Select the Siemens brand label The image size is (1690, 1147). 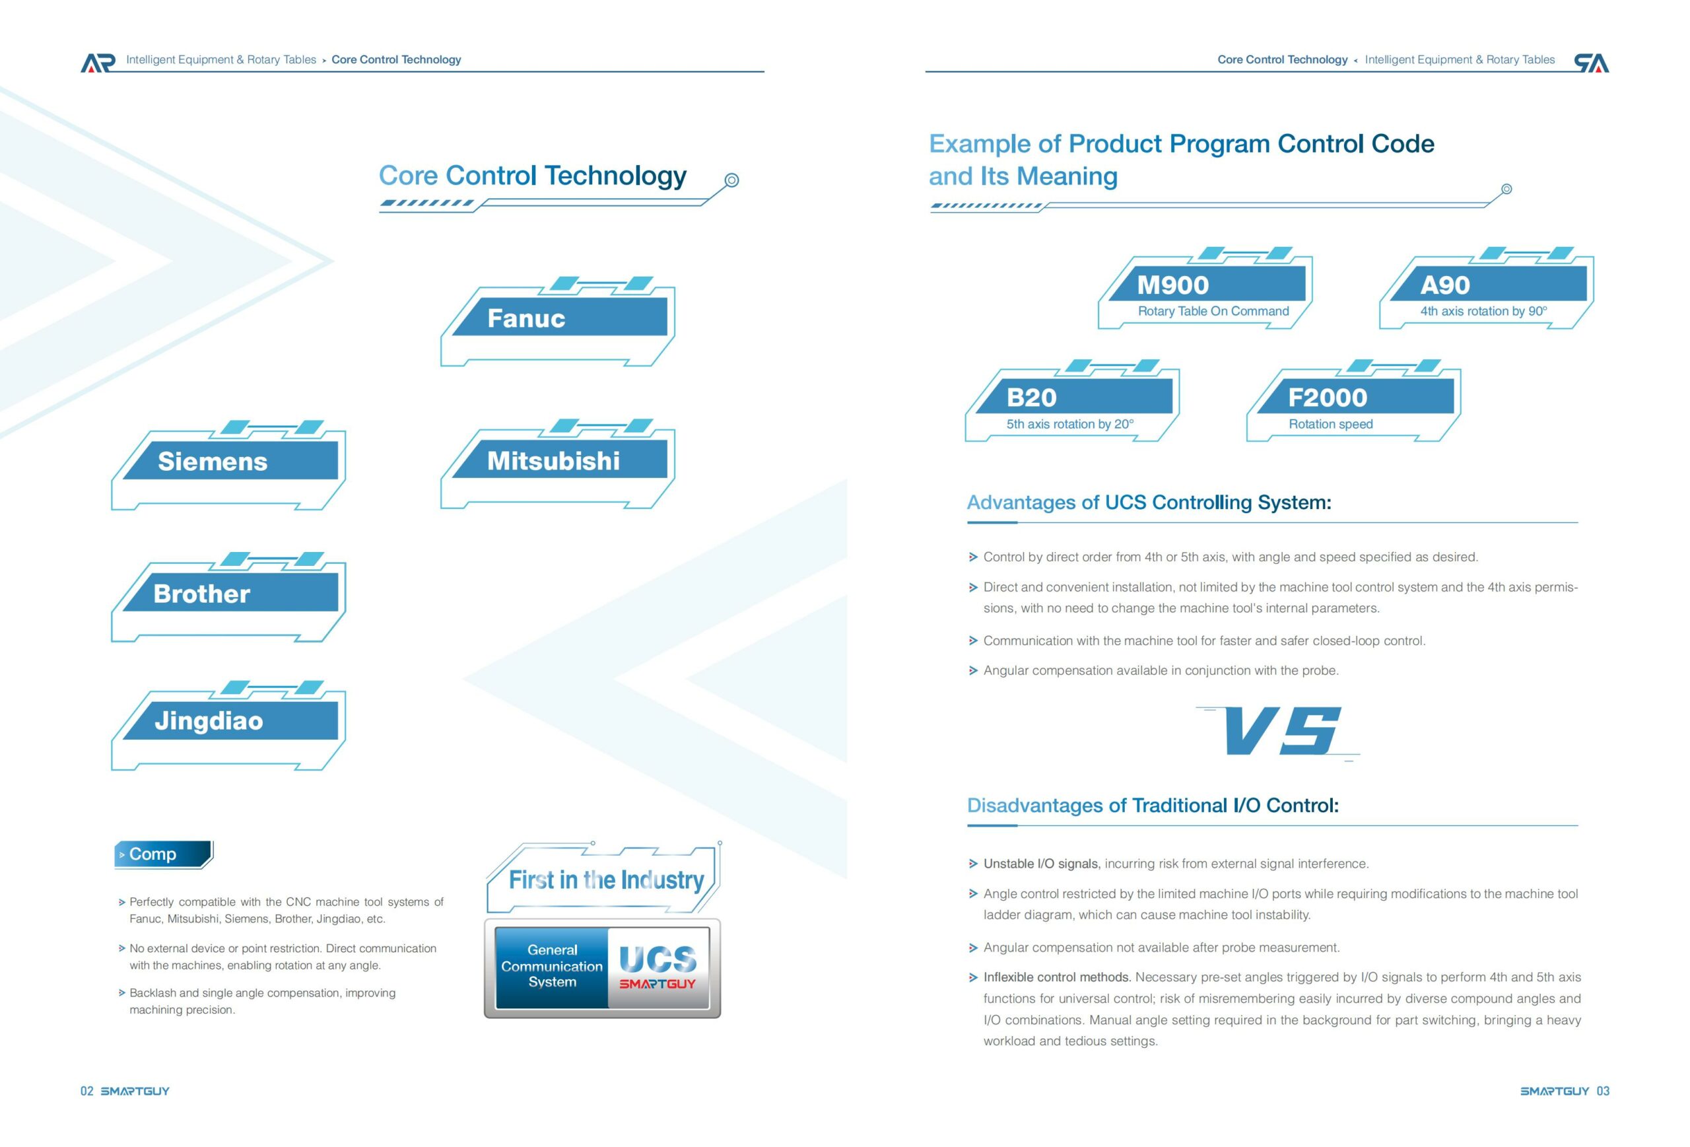click(x=213, y=461)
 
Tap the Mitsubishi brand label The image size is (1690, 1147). click(x=553, y=460)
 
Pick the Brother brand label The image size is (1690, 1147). click(x=201, y=594)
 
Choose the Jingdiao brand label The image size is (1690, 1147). click(x=209, y=721)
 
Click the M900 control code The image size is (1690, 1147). click(x=1173, y=285)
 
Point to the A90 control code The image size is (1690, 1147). click(x=1445, y=285)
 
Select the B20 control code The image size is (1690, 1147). click(x=1031, y=398)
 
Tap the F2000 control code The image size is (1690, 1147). click(x=1327, y=398)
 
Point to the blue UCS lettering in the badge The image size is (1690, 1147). click(x=658, y=959)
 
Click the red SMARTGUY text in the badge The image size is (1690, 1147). click(x=658, y=984)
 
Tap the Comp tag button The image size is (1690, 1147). click(x=164, y=854)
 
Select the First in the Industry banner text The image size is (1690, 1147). click(x=607, y=880)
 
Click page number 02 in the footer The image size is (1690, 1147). click(x=86, y=1091)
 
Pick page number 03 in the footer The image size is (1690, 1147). click(x=1603, y=1091)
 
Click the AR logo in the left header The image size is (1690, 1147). click(x=98, y=63)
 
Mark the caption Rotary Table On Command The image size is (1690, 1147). click(x=1213, y=311)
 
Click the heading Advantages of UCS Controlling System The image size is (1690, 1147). click(x=1149, y=503)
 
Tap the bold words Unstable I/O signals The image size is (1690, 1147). click(x=1041, y=863)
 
